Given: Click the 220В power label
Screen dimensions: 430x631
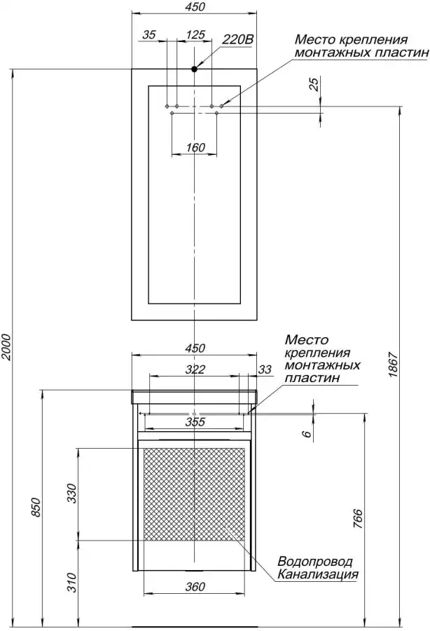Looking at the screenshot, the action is (x=238, y=39).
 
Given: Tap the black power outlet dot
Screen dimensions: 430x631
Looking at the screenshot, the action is (x=194, y=69).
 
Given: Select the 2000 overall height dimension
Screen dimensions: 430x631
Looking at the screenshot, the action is (x=6, y=346).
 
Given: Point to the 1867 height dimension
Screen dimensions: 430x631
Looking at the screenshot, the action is (x=393, y=365).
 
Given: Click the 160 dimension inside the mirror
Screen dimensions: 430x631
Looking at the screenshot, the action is (x=195, y=147).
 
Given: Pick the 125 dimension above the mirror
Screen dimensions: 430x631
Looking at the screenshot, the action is (x=195, y=34).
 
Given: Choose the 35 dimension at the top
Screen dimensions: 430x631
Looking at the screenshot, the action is (x=149, y=34).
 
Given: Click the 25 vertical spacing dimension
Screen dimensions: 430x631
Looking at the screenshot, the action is (x=314, y=83).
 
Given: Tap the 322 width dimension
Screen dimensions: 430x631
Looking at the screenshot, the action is (x=195, y=369).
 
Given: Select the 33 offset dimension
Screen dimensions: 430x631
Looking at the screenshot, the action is (x=265, y=369).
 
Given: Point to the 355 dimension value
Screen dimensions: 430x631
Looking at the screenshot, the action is (x=195, y=422).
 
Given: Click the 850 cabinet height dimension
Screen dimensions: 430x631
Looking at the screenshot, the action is (x=36, y=508).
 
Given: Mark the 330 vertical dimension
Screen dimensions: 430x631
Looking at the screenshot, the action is (x=71, y=494).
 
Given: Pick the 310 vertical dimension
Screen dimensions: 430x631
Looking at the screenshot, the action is (x=71, y=583).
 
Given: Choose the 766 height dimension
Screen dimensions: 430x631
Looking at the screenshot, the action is (x=358, y=519).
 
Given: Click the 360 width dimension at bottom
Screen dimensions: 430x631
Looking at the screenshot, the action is (x=195, y=587).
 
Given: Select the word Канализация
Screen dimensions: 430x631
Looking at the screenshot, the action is (x=318, y=574).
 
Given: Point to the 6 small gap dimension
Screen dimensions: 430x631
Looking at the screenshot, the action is (x=307, y=433).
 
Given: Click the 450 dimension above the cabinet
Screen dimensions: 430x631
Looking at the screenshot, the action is (x=195, y=348).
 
